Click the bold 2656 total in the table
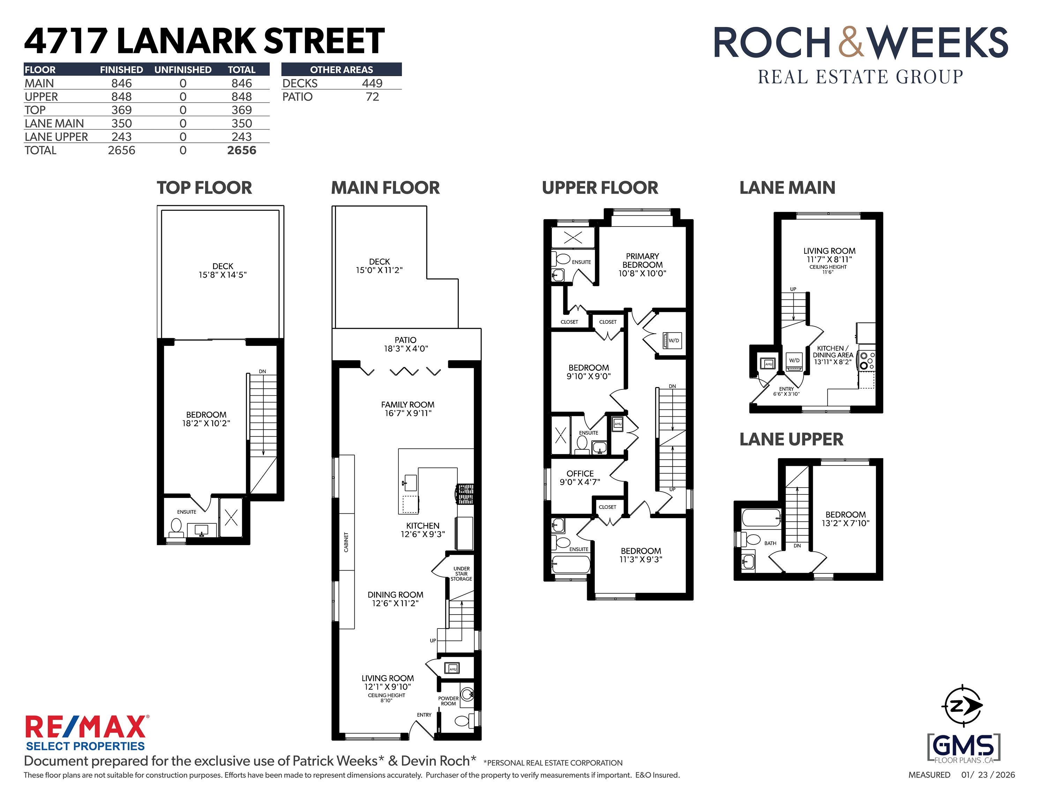click(x=241, y=150)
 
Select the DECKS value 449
click(x=372, y=83)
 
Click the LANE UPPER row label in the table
click(x=56, y=137)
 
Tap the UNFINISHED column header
click(x=183, y=69)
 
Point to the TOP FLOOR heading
click(x=204, y=188)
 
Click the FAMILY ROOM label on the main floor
click(x=407, y=409)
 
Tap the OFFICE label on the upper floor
click(x=579, y=477)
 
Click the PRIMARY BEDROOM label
click(x=642, y=265)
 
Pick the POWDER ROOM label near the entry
click(x=448, y=701)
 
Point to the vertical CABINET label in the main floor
click(x=346, y=542)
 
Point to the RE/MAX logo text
click(x=86, y=727)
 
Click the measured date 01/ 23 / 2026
click(x=988, y=775)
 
